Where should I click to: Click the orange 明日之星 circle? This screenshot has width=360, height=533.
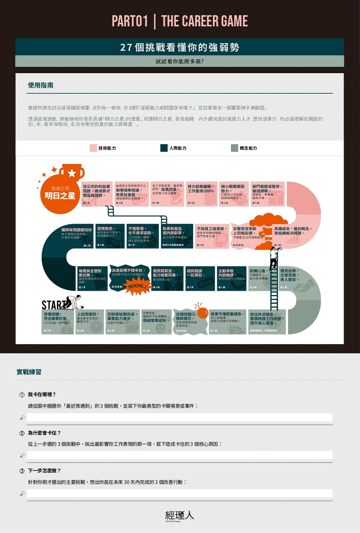coord(60,194)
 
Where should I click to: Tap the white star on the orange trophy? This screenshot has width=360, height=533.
coord(72,173)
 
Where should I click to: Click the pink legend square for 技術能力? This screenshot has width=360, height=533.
coord(93,148)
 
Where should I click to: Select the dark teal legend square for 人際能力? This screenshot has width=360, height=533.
coord(164,148)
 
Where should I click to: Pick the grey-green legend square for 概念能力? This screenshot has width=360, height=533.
coord(234,148)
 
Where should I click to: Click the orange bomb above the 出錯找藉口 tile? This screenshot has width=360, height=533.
coord(203,313)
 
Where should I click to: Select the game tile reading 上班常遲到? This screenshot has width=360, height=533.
coord(90,322)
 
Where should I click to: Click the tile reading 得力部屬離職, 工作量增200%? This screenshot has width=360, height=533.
coord(201,194)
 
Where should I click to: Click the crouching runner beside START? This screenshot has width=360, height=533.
coord(74,302)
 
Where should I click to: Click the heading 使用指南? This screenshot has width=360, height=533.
coord(41,86)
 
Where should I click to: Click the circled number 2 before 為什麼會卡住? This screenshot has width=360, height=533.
coord(22,433)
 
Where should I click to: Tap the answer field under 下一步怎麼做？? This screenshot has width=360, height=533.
coord(179,493)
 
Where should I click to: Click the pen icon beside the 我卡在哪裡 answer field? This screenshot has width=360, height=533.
coord(23,417)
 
